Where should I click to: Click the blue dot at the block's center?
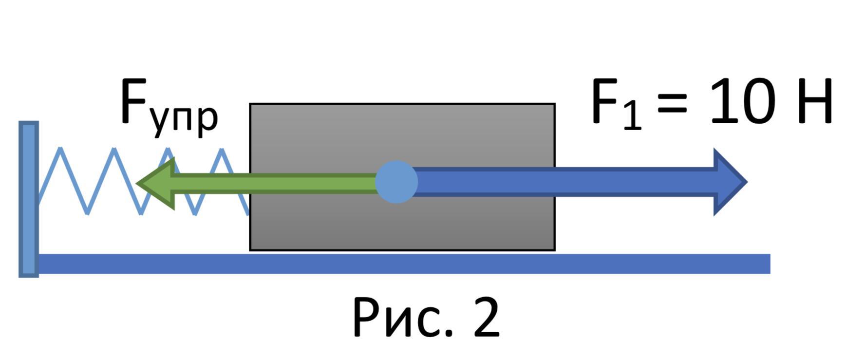[x=396, y=182]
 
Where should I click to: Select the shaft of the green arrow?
[x=273, y=184]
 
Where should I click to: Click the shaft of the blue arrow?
[x=560, y=182]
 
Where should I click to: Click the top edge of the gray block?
[x=402, y=104]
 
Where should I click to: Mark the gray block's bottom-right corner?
[x=554, y=250]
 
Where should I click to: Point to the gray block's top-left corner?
[x=250, y=104]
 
